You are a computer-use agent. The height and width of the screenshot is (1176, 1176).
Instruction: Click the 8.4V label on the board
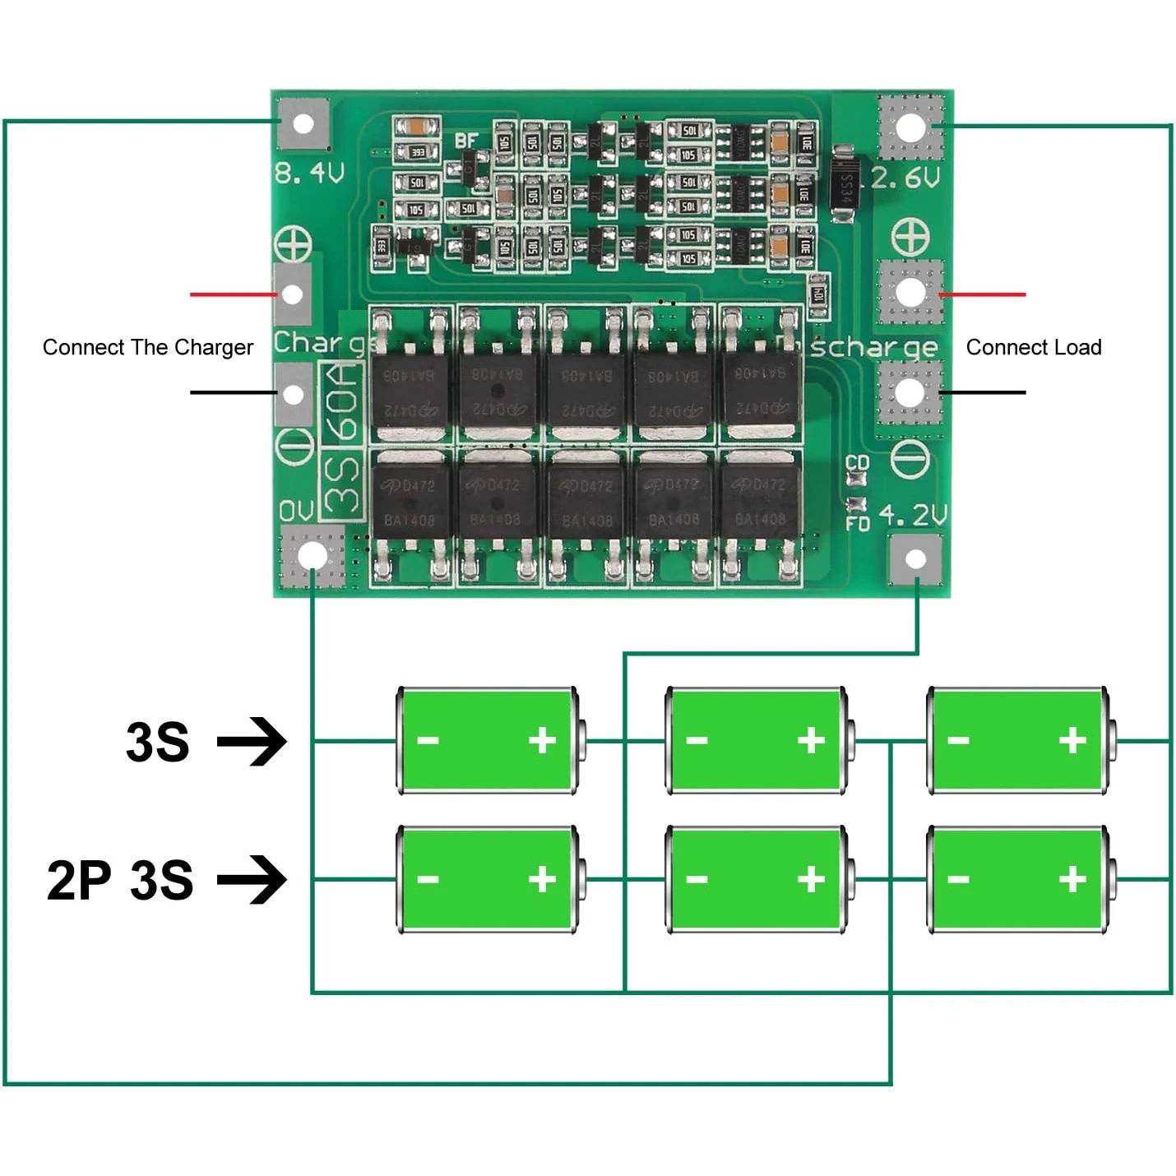click(309, 174)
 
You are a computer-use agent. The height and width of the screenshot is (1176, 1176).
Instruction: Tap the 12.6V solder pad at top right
click(910, 127)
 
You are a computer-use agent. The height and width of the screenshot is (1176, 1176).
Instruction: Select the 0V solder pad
click(312, 557)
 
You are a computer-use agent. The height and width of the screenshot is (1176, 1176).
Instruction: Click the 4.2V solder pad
click(915, 559)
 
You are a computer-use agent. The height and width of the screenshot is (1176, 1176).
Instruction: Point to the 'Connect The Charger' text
click(148, 347)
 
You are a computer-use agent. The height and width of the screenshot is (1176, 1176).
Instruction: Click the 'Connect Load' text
click(1034, 347)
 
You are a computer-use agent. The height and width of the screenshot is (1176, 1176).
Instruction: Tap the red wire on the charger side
click(234, 294)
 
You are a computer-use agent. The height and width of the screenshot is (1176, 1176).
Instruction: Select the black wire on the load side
click(982, 392)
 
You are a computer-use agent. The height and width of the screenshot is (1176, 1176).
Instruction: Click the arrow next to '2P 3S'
click(252, 879)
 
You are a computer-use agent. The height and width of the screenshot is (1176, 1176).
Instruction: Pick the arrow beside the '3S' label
click(252, 741)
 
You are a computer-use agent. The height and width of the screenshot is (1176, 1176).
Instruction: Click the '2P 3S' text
click(120, 880)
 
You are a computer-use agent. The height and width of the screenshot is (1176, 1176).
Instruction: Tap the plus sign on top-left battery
click(542, 740)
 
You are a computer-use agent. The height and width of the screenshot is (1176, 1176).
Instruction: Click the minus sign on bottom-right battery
click(958, 879)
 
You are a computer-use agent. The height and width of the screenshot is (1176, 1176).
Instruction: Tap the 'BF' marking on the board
click(466, 141)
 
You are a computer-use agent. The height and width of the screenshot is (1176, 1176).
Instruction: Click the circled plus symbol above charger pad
click(293, 244)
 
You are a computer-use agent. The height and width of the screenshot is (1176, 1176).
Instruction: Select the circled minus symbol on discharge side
click(910, 457)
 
